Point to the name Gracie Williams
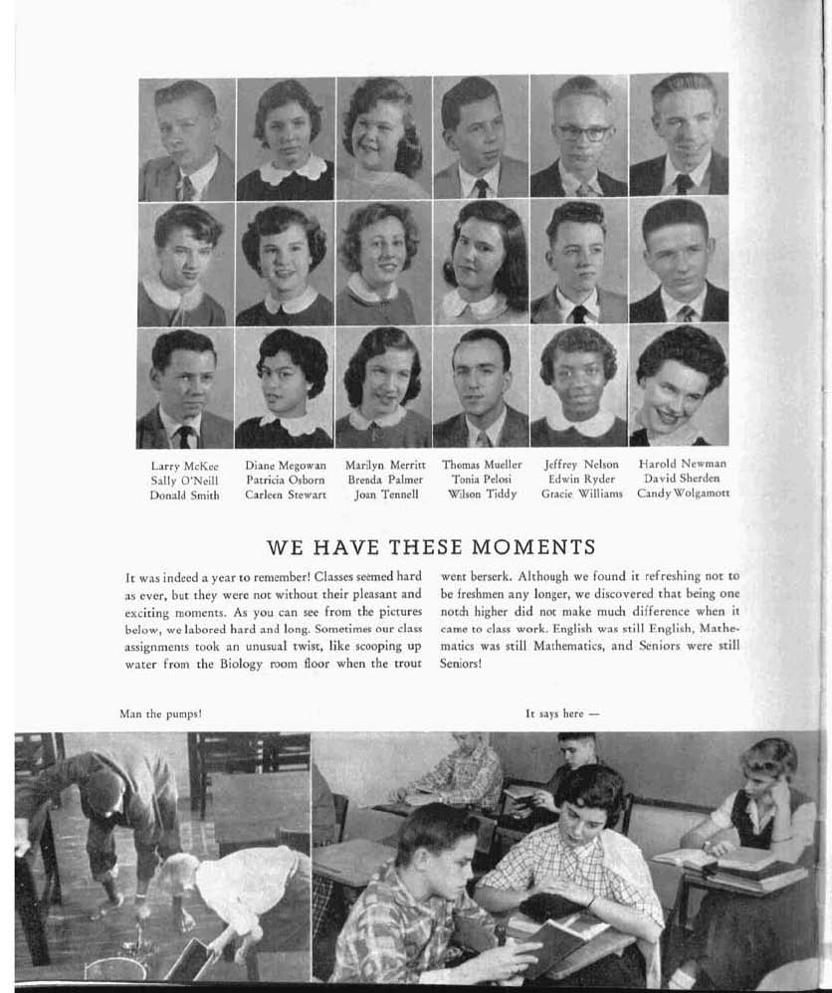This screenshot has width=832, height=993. [x=582, y=494]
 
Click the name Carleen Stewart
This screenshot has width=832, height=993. [x=286, y=494]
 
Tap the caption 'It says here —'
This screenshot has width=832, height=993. [x=562, y=713]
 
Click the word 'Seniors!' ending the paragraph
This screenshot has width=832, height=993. [x=461, y=665]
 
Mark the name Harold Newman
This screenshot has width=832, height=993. [x=682, y=465]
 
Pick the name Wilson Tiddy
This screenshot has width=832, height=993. [x=482, y=494]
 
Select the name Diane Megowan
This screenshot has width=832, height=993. [x=286, y=465]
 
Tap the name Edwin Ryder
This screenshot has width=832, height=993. [x=582, y=480]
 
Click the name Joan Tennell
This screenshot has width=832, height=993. [x=385, y=494]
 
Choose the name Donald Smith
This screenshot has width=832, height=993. [x=184, y=494]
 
